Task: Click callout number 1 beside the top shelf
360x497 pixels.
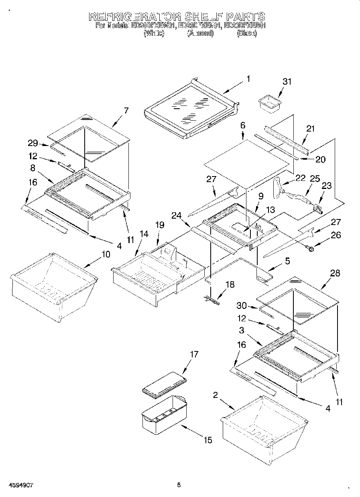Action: click(x=248, y=79)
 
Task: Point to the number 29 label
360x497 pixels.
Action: click(x=33, y=143)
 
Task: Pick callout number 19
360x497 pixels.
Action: click(x=160, y=225)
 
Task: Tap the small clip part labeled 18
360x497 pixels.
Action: click(x=212, y=299)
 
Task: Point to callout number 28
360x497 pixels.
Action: click(x=335, y=274)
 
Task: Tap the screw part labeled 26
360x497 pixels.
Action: click(x=309, y=250)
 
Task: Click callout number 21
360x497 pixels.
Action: click(x=310, y=129)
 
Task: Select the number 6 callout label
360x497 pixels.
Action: click(x=243, y=125)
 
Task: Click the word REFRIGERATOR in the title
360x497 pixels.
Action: click(x=134, y=17)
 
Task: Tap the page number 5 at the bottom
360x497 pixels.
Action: click(x=179, y=485)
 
